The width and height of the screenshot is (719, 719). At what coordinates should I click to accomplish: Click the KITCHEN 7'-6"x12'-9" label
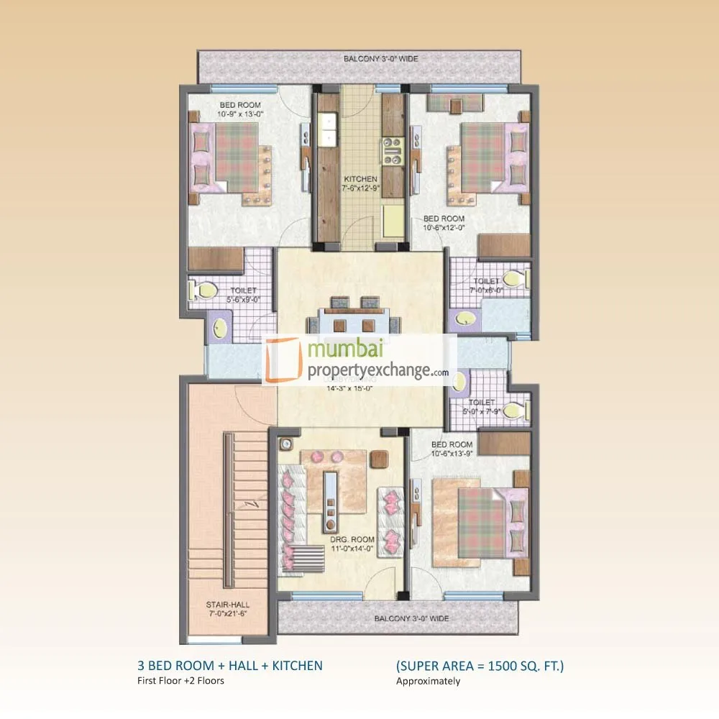coord(360,183)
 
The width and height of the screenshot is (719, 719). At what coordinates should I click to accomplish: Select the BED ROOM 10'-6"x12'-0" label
coord(444,223)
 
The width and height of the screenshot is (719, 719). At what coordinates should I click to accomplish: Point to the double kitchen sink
coord(329,129)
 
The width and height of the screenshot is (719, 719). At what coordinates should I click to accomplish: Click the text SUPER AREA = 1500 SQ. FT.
coord(480,666)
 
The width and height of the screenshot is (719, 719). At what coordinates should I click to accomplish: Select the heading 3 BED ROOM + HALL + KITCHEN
coord(229,666)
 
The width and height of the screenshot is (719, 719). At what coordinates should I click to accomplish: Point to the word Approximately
coord(428,681)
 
